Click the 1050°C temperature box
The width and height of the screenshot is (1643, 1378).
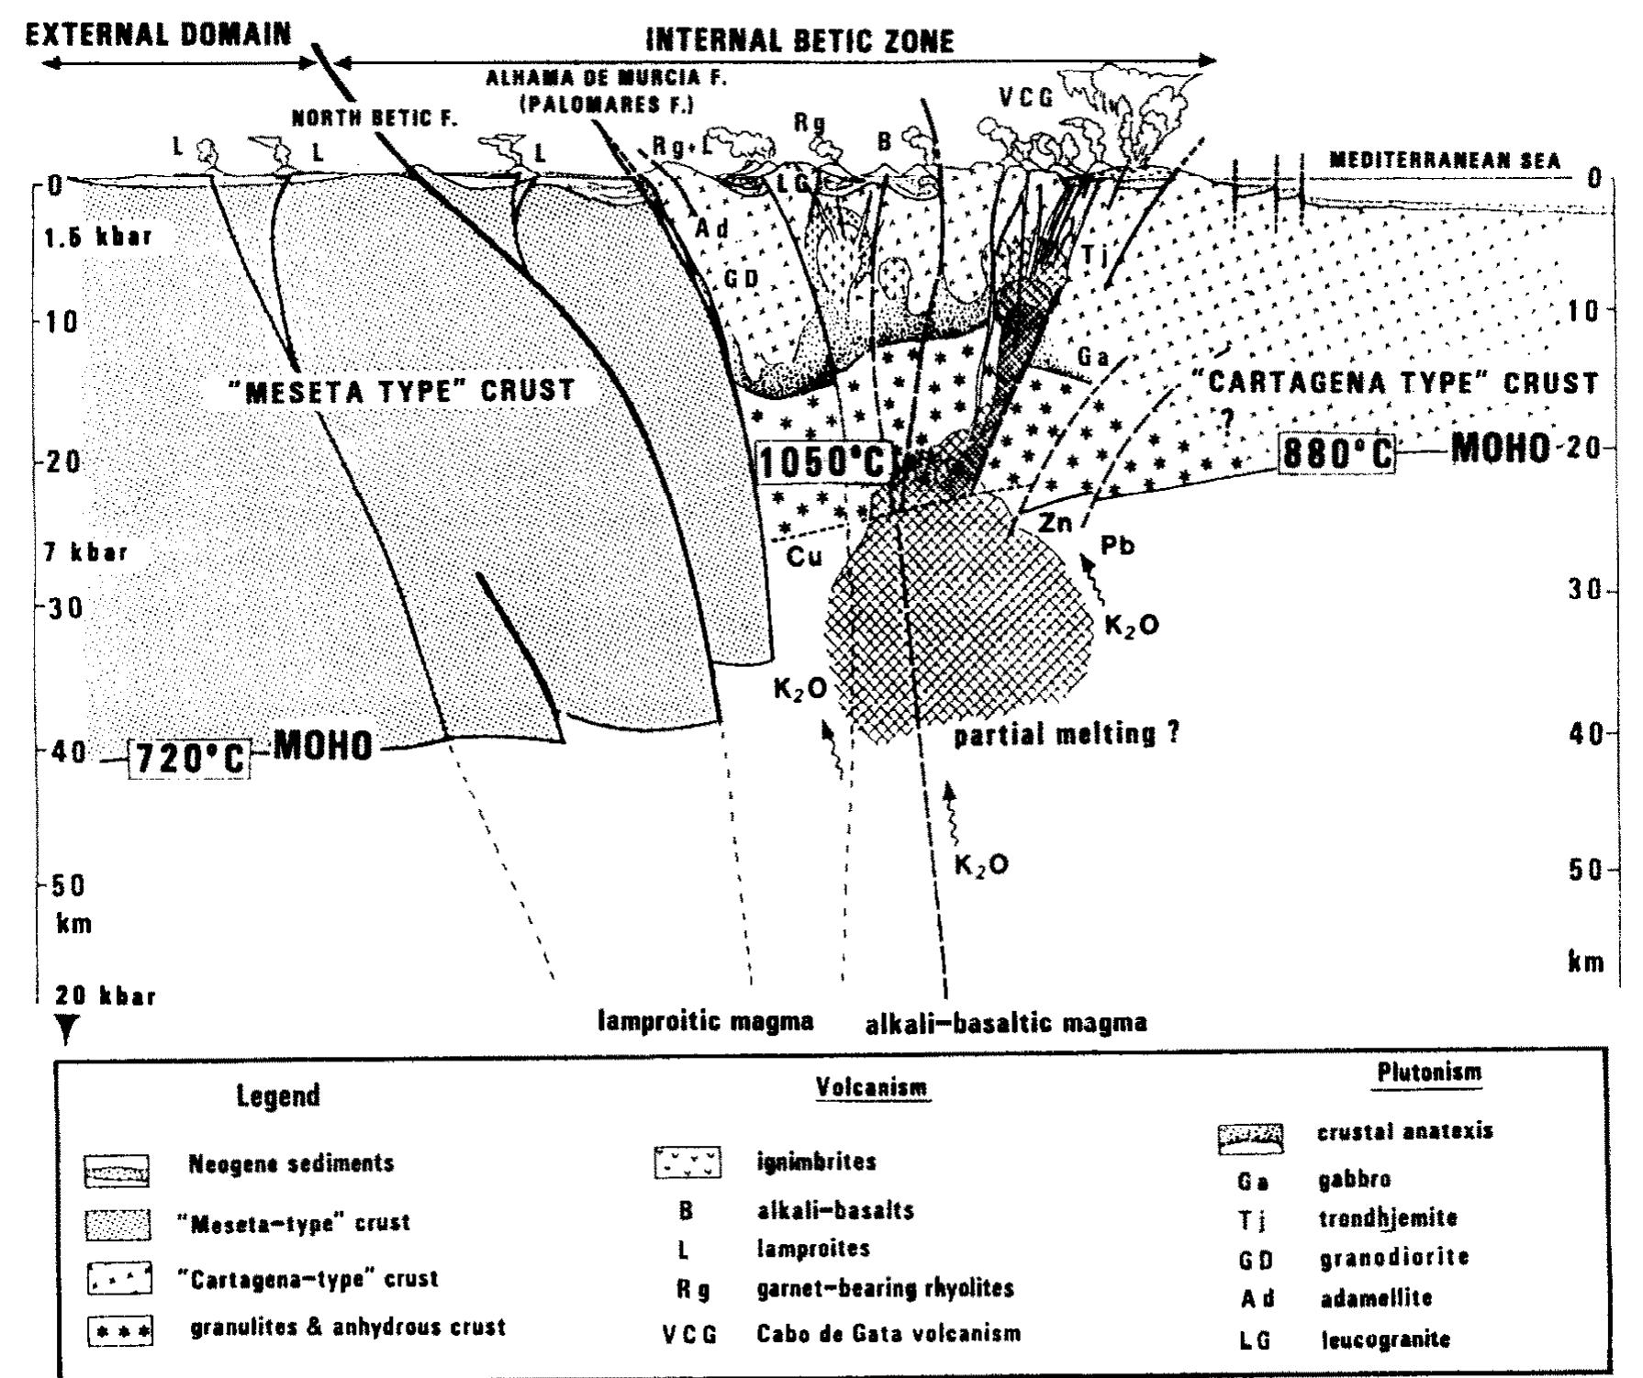(823, 461)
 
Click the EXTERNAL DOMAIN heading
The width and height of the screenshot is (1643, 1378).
(158, 36)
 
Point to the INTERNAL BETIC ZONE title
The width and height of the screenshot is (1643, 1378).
(800, 41)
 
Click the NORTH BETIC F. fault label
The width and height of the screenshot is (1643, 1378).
(374, 118)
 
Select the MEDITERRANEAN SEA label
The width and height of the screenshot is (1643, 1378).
(1445, 161)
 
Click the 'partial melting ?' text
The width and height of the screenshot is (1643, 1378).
(1067, 735)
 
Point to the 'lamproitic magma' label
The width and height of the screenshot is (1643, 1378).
(706, 1021)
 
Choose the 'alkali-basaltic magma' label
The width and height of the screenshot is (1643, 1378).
(1006, 1023)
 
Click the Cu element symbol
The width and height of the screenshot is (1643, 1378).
(804, 556)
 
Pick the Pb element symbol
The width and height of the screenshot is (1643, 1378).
(1117, 547)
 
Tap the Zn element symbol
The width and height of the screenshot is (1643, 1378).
(1056, 524)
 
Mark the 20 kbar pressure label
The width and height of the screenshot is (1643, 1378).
(105, 996)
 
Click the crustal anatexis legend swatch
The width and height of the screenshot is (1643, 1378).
(1250, 1138)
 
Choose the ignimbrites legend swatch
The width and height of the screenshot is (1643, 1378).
(688, 1162)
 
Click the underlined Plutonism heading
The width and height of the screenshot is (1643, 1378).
(1429, 1072)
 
